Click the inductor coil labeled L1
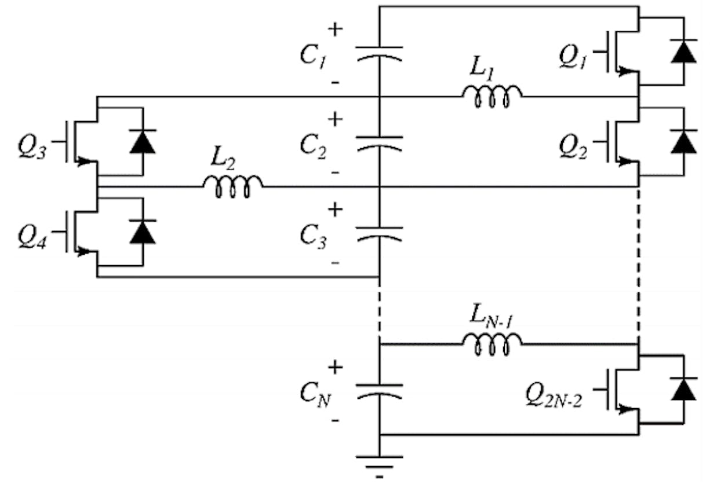point(491,97)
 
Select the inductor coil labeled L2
point(232,186)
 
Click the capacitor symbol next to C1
point(380,53)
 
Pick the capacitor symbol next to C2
point(380,142)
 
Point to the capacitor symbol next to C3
point(380,232)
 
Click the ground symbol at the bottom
point(380,463)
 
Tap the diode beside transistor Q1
point(683,51)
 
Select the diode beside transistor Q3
point(142,141)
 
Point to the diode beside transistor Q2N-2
point(683,389)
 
